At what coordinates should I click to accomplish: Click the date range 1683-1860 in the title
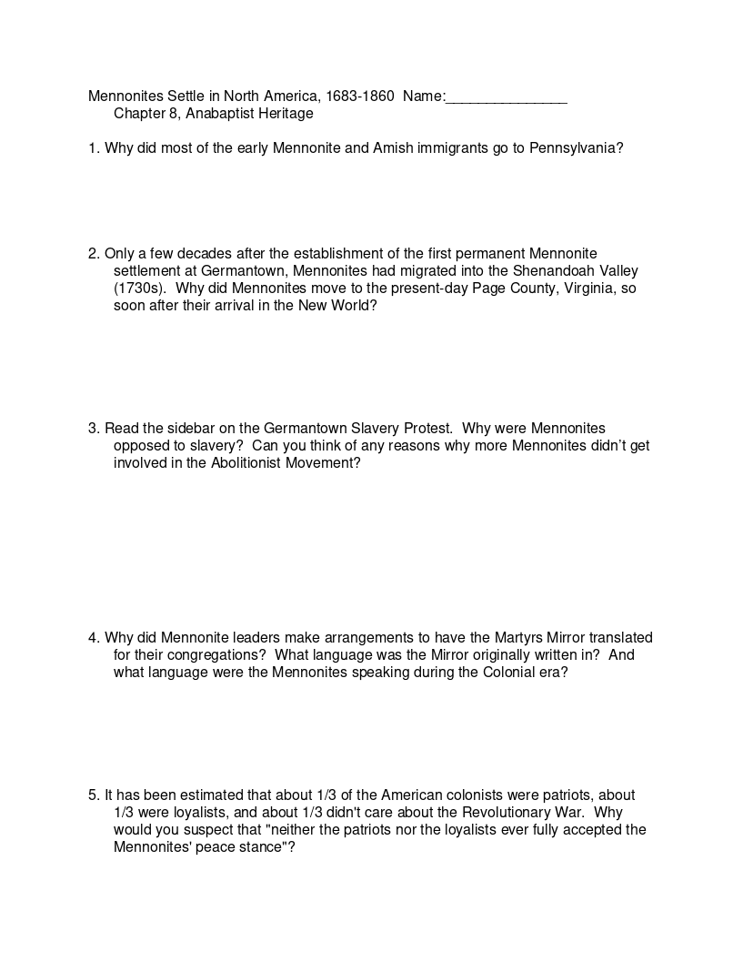[x=358, y=96]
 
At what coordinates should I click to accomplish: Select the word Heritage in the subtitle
[x=281, y=114]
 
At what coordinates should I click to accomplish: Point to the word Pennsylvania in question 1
[x=576, y=148]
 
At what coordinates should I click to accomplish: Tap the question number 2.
[x=94, y=254]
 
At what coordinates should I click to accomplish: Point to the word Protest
[x=427, y=429]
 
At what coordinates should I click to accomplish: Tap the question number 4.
[x=94, y=638]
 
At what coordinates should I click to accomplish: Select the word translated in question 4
[x=621, y=638]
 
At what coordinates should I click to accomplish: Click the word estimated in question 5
[x=206, y=795]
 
